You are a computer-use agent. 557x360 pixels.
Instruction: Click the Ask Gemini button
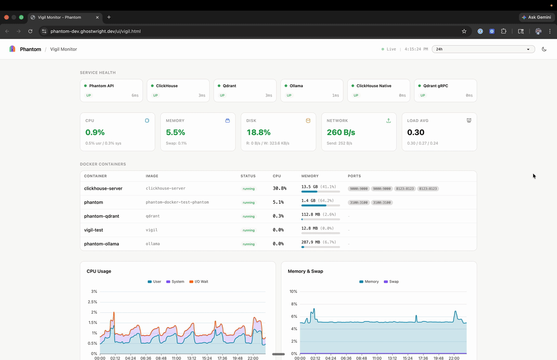536,17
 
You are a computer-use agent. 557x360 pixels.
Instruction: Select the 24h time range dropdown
483,49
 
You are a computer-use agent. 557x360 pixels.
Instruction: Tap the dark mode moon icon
544,49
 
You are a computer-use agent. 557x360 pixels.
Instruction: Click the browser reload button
30,32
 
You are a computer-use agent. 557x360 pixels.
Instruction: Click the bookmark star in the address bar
464,32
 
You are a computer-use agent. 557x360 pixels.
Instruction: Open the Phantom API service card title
101,86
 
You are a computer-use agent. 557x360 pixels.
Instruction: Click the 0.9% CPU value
95,132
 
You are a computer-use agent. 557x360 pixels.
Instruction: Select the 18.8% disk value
259,132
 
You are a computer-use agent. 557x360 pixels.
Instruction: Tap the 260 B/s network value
341,132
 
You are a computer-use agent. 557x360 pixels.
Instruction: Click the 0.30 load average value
415,132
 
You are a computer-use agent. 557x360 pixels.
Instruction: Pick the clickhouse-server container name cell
103,188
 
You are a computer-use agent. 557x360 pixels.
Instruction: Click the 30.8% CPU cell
279,188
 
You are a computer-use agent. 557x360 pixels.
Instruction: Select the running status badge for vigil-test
248,231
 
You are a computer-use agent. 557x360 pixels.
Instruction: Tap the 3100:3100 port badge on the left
358,202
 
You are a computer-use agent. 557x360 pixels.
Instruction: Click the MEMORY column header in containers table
310,176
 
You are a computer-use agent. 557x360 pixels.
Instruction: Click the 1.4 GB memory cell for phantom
308,200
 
